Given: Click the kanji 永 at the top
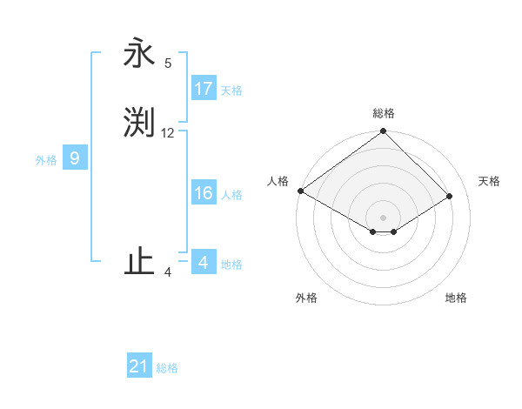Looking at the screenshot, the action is [x=139, y=54].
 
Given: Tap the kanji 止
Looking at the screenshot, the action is [x=139, y=263].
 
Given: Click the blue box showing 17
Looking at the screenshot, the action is [x=204, y=89].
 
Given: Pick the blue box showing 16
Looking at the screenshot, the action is [x=204, y=193].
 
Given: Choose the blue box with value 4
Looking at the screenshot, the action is [x=204, y=262].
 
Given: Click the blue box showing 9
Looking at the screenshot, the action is [x=75, y=158].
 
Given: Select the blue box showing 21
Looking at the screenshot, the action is [x=139, y=366].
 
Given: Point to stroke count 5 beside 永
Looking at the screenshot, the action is [x=168, y=63].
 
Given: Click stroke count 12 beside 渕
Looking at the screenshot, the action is [x=168, y=133].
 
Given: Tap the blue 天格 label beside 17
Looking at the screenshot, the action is [x=231, y=91].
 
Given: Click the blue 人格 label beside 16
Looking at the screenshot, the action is [x=231, y=195].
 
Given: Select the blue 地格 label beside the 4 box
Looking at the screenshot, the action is [x=231, y=265].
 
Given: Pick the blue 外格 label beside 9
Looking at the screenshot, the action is [x=46, y=160].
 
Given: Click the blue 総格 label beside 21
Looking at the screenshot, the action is [x=167, y=369].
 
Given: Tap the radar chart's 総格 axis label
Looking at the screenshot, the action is [x=383, y=113].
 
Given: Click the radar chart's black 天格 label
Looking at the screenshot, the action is [x=489, y=181].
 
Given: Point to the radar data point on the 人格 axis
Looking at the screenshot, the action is [x=300, y=191].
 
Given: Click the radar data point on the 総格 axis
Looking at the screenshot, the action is [x=383, y=131].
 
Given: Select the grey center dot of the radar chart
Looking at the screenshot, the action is [x=383, y=217].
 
